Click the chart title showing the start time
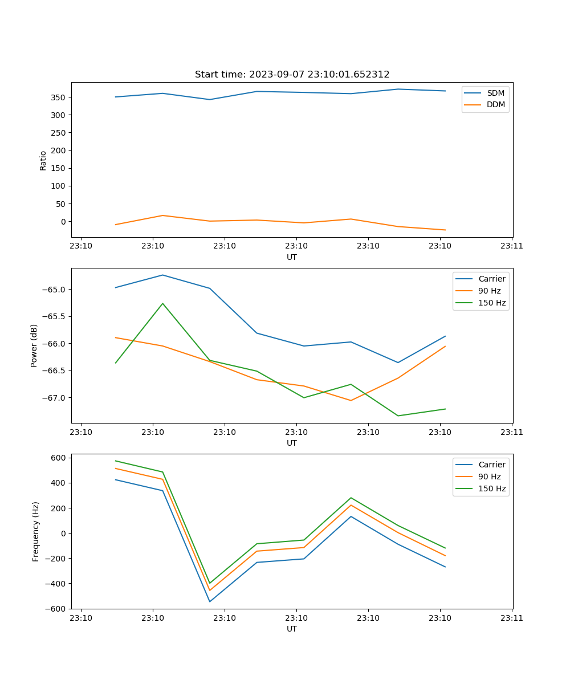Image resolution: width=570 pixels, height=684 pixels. click(x=292, y=75)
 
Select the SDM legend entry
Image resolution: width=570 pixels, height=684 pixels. click(x=495, y=93)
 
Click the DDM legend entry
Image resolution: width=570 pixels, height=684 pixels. click(x=495, y=105)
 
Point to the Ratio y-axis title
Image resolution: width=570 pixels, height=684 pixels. click(x=43, y=161)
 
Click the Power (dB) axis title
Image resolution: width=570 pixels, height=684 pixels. click(x=34, y=345)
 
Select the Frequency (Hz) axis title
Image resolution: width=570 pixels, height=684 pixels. click(x=36, y=531)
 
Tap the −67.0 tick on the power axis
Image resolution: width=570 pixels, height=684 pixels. click(x=54, y=398)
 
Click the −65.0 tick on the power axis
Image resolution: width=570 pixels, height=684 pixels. click(x=54, y=290)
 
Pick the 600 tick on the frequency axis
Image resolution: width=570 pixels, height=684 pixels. click(x=59, y=458)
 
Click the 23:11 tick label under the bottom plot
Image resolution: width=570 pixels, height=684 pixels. click(x=512, y=618)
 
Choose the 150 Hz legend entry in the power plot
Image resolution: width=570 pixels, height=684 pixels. click(x=492, y=303)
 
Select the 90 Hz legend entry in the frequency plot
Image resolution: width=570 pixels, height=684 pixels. click(x=490, y=477)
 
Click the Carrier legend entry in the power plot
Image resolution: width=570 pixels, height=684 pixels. click(x=491, y=279)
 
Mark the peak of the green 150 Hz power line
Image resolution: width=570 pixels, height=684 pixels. click(x=163, y=303)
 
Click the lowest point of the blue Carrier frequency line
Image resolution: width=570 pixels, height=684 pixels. click(x=210, y=601)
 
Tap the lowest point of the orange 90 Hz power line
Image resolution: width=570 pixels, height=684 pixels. click(x=351, y=401)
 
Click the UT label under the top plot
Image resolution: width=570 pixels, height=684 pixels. click(x=292, y=257)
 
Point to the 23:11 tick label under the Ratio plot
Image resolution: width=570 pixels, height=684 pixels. click(x=512, y=246)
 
